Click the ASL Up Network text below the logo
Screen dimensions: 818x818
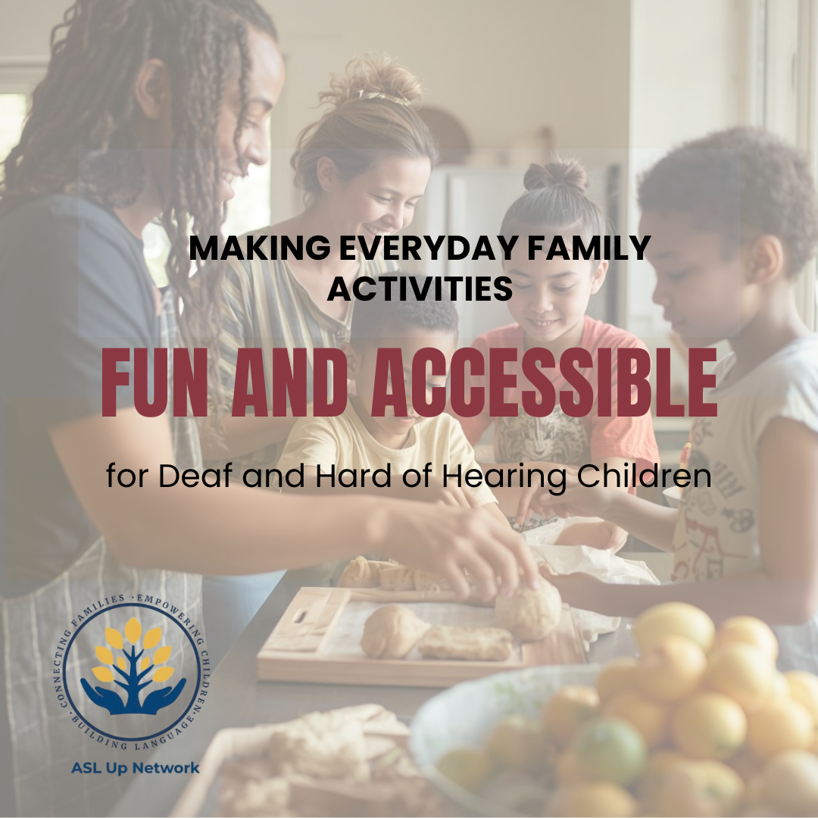(136, 768)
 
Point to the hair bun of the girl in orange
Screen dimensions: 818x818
(556, 176)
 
